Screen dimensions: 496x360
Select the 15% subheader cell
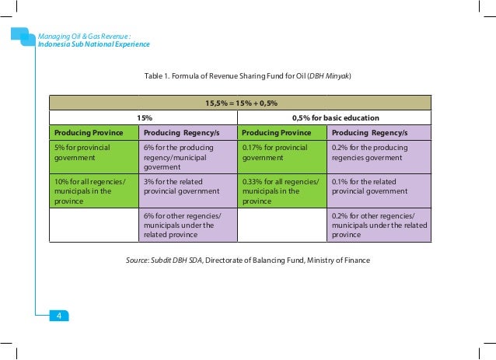click(x=144, y=117)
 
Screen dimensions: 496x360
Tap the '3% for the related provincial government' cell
click(x=187, y=187)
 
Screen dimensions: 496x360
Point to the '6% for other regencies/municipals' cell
click(x=187, y=225)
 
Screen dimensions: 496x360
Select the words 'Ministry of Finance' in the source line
click(x=337, y=260)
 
